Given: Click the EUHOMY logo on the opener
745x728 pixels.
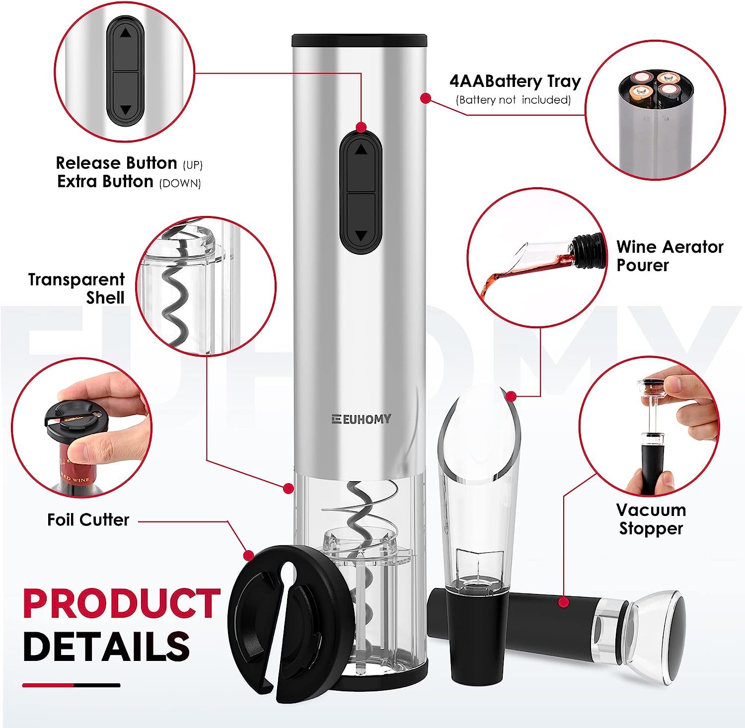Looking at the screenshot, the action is [x=361, y=419].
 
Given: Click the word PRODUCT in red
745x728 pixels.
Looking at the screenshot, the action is [x=122, y=604].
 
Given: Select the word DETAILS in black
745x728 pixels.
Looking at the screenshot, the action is [x=106, y=646].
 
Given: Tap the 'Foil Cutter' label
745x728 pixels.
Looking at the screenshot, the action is [x=88, y=520].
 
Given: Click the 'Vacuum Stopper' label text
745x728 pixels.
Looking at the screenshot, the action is [x=651, y=519].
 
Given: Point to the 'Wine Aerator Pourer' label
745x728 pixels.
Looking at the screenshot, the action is [x=670, y=256].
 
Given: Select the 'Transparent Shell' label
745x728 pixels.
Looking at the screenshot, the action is [x=76, y=289].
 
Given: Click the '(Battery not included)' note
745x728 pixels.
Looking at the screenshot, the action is [x=513, y=100].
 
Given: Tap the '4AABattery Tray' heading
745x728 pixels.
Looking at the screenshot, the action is [x=515, y=81].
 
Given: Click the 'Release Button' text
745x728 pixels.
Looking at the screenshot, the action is [x=116, y=163].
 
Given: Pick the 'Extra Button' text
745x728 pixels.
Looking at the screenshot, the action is [x=105, y=181].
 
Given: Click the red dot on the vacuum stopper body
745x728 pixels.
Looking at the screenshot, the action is [x=563, y=602].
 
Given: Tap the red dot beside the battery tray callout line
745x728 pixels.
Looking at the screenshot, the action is [x=425, y=98].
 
